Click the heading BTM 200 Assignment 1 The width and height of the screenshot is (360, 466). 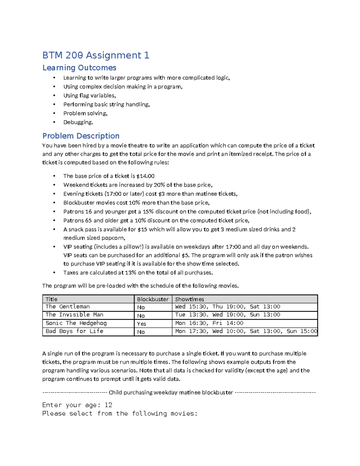pyautogui.click(x=96, y=55)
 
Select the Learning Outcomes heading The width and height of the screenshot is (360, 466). pyautogui.click(x=79, y=68)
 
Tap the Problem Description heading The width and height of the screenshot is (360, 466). pyautogui.click(x=81, y=136)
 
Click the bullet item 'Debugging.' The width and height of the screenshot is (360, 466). pyautogui.click(x=78, y=122)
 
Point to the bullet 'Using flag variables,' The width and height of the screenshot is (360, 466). pyautogui.click(x=89, y=95)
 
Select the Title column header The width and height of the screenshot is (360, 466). pyautogui.click(x=51, y=299)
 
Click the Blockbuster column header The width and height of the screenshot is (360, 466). pyautogui.click(x=153, y=299)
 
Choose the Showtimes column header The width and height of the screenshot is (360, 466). pyautogui.click(x=189, y=299)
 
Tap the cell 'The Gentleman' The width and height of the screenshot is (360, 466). pyautogui.click(x=67, y=307)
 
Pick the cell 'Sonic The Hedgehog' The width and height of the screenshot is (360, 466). pyautogui.click(x=76, y=323)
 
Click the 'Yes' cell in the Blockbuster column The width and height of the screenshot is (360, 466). pyautogui.click(x=141, y=324)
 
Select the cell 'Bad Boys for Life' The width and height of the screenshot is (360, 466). pyautogui.click(x=74, y=331)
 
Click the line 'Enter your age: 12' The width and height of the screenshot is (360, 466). pyautogui.click(x=77, y=405)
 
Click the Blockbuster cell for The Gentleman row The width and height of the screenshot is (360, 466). pyautogui.click(x=141, y=307)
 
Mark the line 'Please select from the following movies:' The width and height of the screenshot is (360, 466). pyautogui.click(x=120, y=413)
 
